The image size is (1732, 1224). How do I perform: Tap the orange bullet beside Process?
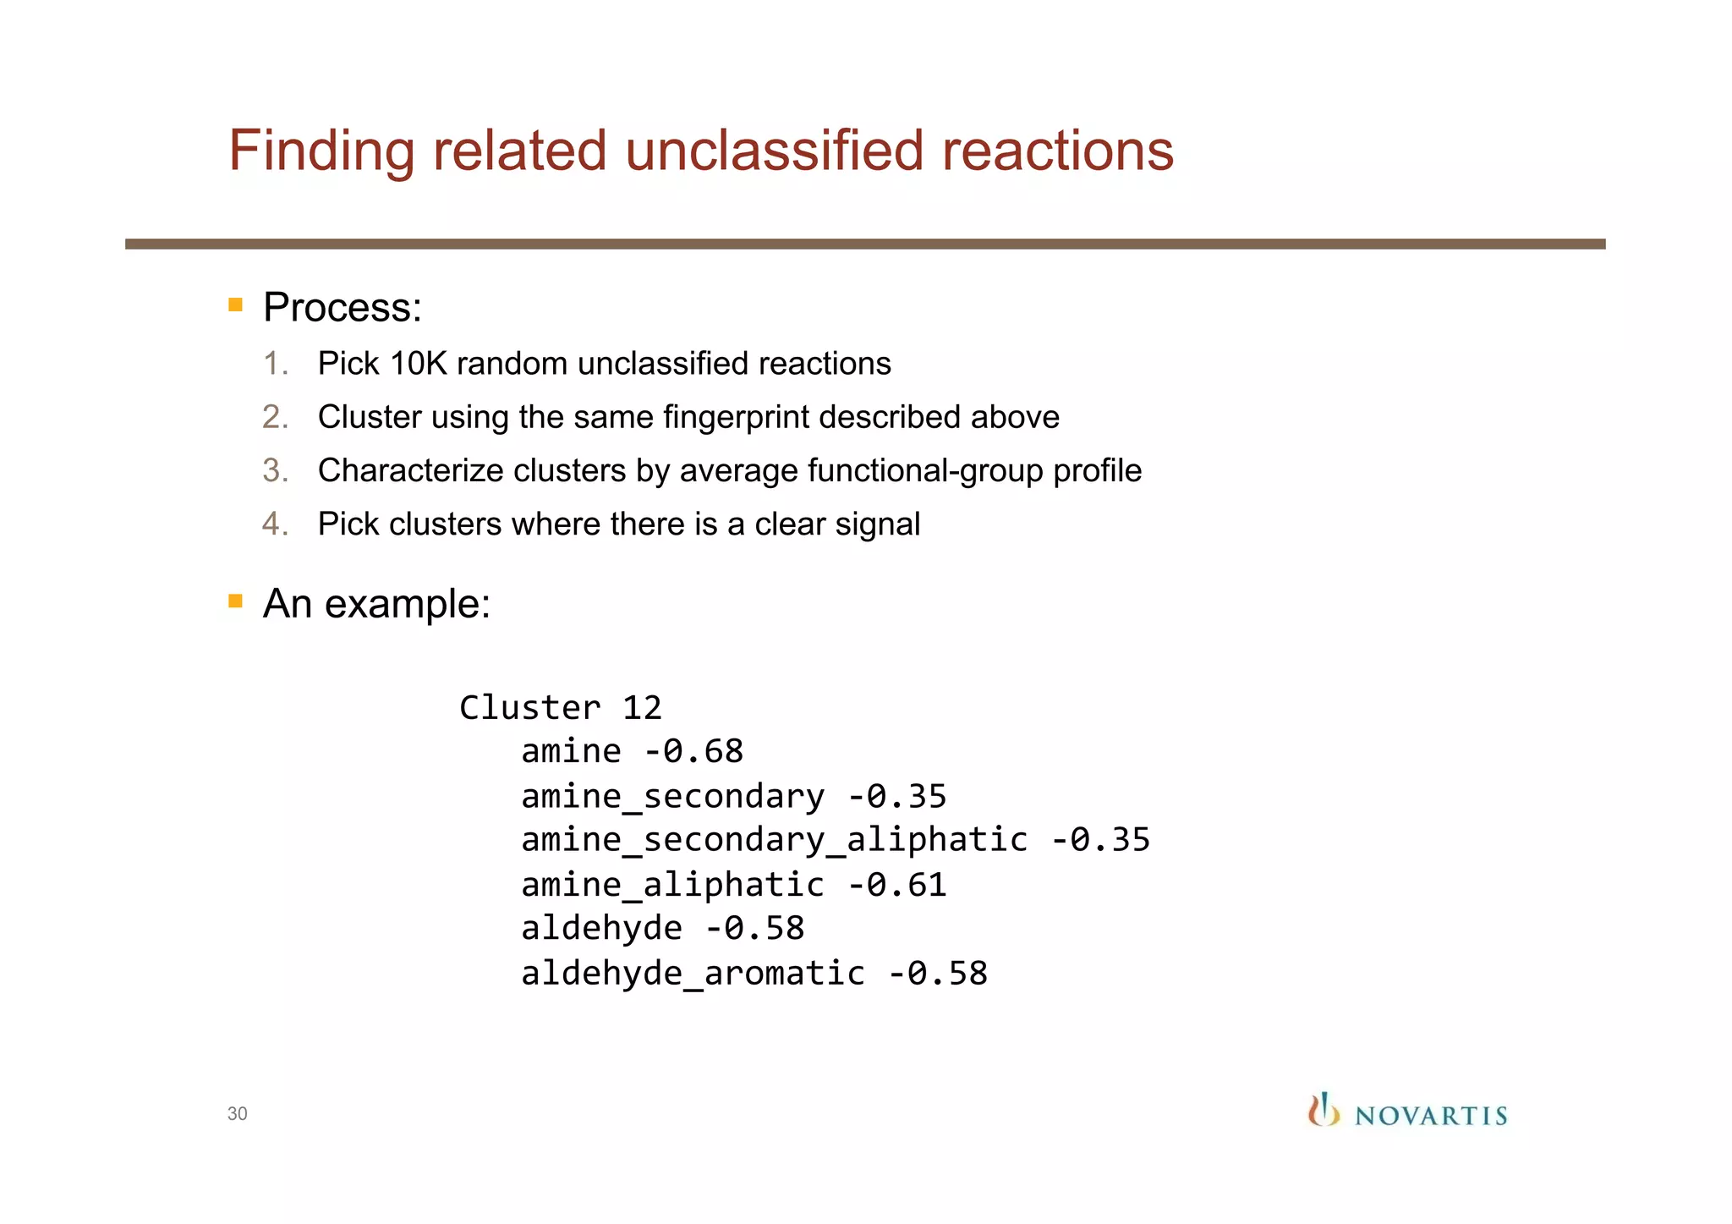click(236, 305)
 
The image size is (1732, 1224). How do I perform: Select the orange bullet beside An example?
click(236, 601)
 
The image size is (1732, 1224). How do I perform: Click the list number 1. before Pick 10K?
click(276, 364)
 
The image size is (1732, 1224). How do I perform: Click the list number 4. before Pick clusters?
click(276, 524)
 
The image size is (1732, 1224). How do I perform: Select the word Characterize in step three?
click(411, 471)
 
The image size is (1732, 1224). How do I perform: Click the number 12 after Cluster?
click(642, 708)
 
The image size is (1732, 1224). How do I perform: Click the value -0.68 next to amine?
click(693, 752)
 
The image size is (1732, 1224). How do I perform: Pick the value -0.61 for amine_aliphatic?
click(896, 886)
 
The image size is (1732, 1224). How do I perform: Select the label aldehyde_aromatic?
click(693, 974)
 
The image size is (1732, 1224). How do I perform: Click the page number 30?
click(237, 1114)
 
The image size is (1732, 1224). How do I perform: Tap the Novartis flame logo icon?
click(1324, 1111)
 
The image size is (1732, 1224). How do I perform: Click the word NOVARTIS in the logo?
click(1431, 1117)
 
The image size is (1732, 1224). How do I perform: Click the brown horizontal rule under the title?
click(864, 244)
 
